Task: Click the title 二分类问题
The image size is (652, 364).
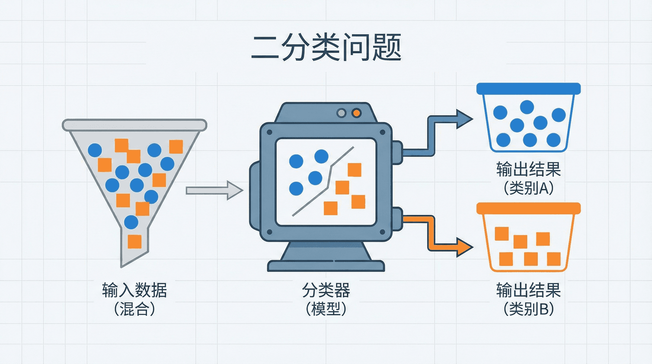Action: [326, 48]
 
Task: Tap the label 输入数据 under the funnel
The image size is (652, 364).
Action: [134, 290]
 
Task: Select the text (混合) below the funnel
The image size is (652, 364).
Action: [134, 309]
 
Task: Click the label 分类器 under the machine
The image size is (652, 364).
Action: [326, 290]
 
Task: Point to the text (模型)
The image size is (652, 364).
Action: [326, 309]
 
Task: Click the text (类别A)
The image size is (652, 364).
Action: [528, 188]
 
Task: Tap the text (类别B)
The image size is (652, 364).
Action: [528, 309]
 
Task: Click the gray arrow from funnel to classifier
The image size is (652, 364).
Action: [214, 190]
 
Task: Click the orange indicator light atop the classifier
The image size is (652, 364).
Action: [356, 113]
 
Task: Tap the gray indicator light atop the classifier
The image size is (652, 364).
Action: [341, 113]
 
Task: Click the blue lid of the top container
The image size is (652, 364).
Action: [528, 89]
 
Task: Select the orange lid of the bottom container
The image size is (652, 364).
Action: [528, 208]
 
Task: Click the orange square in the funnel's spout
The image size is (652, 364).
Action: [134, 241]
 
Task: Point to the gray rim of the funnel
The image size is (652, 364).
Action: [134, 125]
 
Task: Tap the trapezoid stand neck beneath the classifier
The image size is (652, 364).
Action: [326, 251]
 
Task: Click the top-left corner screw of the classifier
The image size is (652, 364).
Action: [270, 132]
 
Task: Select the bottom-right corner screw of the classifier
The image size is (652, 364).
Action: [382, 232]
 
